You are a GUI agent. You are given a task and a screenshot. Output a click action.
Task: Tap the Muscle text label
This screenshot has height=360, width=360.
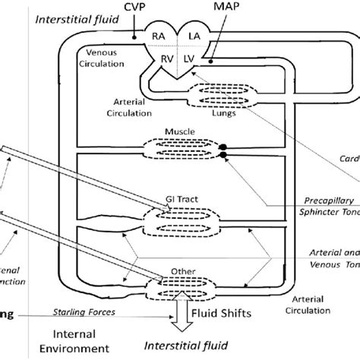(x=185, y=131)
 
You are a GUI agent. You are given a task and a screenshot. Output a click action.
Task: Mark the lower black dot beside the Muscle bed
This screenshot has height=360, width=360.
(x=223, y=155)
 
